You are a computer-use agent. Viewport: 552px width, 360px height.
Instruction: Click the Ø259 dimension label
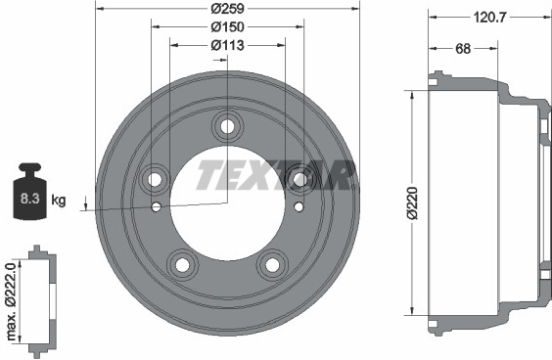[227, 9]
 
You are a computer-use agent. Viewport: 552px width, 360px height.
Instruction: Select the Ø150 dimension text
[227, 26]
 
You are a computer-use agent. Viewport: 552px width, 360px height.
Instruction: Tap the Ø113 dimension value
[227, 45]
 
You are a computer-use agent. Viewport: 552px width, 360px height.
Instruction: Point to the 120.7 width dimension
[489, 17]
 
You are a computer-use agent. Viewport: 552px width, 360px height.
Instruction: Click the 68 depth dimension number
[463, 49]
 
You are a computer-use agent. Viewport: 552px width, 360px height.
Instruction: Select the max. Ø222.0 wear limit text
[12, 301]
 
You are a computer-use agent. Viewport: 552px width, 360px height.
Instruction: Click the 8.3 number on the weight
[30, 199]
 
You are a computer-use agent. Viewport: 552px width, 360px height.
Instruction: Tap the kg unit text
[59, 200]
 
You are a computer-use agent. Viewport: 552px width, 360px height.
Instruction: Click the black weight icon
[30, 192]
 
